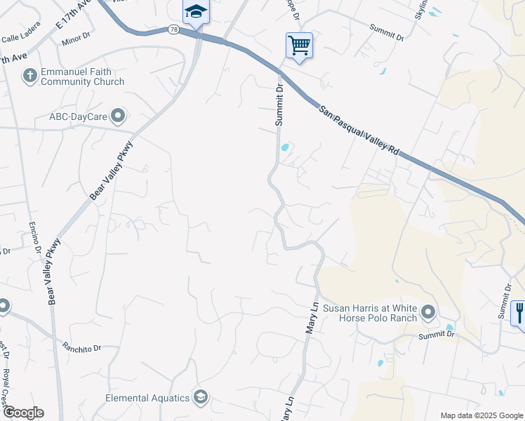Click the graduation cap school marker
[196, 11]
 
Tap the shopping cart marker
[299, 46]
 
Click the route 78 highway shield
[173, 29]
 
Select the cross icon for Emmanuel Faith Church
[29, 76]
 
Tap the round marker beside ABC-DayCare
[118, 116]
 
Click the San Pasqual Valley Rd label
[358, 132]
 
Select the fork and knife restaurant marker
[519, 312]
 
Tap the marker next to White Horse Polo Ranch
[429, 312]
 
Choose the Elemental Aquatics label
[147, 398]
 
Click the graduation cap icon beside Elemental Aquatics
[201, 398]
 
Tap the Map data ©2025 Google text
[480, 415]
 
